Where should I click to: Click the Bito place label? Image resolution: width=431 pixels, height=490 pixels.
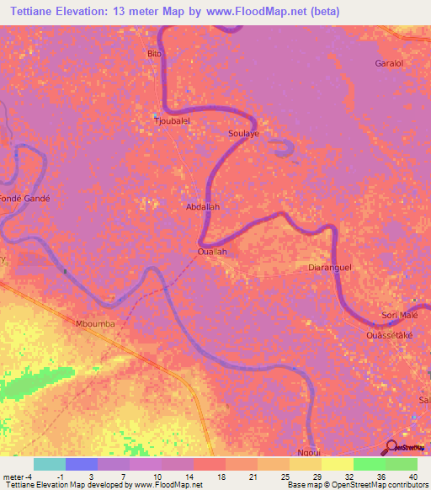[154, 54]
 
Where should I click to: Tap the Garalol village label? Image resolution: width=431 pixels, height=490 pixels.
[391, 63]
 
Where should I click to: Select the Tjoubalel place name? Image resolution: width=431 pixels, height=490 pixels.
[171, 120]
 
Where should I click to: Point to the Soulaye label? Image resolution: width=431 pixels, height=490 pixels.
[243, 134]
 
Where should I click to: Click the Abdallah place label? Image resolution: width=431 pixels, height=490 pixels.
[202, 205]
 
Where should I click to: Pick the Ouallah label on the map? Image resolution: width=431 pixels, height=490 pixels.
[212, 251]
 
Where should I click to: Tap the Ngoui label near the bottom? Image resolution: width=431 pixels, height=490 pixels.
[309, 452]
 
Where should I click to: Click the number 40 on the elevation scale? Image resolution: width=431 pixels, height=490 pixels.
[412, 477]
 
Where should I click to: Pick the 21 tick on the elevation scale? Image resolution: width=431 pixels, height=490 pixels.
[250, 477]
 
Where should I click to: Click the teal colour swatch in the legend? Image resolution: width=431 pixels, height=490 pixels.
[49, 464]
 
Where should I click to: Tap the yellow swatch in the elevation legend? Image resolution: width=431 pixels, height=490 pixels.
[337, 464]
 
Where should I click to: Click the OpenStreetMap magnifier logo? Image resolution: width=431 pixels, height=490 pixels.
[391, 447]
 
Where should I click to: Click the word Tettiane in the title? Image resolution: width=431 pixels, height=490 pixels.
[33, 11]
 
